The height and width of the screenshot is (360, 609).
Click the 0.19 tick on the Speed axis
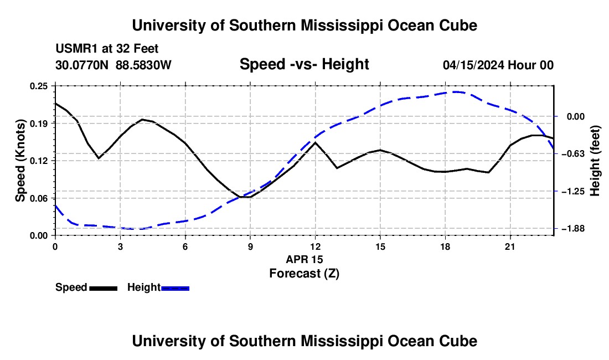[38, 124]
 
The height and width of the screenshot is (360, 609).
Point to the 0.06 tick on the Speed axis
[38, 198]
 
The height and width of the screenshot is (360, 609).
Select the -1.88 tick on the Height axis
[573, 229]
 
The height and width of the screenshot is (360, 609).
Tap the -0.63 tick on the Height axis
[573, 154]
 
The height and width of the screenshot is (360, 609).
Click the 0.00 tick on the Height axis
[576, 116]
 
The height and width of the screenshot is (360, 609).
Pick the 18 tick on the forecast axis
[445, 246]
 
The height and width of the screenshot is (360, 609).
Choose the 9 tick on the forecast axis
[250, 246]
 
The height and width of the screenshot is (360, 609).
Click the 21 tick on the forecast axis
[510, 246]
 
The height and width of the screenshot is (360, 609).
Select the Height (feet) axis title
[595, 161]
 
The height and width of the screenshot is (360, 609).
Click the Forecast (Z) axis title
[304, 274]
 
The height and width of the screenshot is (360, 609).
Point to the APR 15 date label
[304, 259]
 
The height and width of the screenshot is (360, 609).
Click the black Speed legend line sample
[104, 289]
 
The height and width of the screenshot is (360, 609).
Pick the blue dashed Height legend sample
[175, 289]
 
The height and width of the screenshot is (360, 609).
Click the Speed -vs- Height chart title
[304, 64]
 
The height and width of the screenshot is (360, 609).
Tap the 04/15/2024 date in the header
[473, 65]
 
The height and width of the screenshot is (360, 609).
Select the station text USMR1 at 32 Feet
[107, 49]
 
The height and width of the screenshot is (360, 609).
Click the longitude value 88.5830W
[143, 65]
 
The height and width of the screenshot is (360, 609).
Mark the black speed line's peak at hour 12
[316, 142]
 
